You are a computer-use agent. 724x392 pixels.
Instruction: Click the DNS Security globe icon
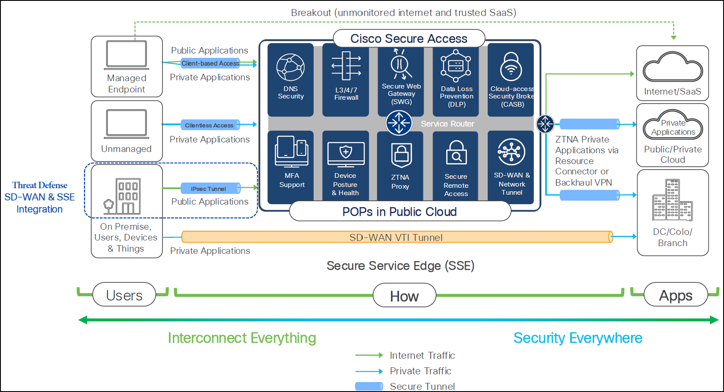[290, 68]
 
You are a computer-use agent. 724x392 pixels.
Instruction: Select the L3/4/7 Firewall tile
[346, 80]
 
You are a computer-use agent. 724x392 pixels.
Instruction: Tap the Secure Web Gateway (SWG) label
[401, 94]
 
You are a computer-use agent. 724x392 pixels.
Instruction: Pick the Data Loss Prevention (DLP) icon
[456, 66]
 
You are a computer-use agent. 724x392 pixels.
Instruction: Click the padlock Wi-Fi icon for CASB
[511, 67]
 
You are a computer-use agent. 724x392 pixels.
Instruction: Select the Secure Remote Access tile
[456, 166]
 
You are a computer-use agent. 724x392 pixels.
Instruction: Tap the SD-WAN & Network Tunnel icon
[511, 152]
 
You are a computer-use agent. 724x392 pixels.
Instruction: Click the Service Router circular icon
[399, 123]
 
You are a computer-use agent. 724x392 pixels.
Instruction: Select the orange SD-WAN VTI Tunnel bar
[397, 237]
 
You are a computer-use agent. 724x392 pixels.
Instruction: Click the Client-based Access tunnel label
[210, 63]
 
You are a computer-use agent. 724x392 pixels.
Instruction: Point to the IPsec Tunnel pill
[209, 189]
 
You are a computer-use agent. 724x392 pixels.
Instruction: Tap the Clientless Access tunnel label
[210, 125]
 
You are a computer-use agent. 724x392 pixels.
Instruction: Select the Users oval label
[124, 295]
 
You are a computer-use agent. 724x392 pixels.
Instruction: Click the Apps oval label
[676, 295]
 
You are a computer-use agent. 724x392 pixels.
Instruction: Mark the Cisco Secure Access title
[409, 39]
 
